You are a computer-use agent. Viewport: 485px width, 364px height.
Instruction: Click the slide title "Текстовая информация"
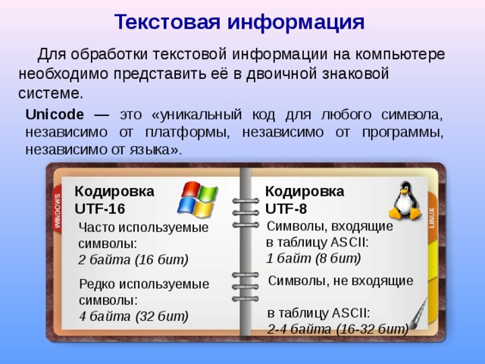pyautogui.click(x=239, y=21)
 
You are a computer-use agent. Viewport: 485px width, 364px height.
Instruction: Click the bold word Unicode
pyautogui.click(x=55, y=115)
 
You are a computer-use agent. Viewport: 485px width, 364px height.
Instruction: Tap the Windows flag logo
pyautogui.click(x=196, y=199)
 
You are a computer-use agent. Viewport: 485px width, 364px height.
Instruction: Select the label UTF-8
pyautogui.click(x=286, y=208)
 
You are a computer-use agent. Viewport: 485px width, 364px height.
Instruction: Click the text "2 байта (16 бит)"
pyautogui.click(x=133, y=259)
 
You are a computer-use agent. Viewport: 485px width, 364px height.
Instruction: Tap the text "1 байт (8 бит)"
pyautogui.click(x=308, y=258)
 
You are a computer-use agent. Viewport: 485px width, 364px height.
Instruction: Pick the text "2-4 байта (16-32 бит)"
pyautogui.click(x=337, y=328)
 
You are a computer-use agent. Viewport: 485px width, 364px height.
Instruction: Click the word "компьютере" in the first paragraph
pyautogui.click(x=397, y=55)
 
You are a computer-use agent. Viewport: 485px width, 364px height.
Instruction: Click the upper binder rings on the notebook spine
pyautogui.click(x=245, y=212)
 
